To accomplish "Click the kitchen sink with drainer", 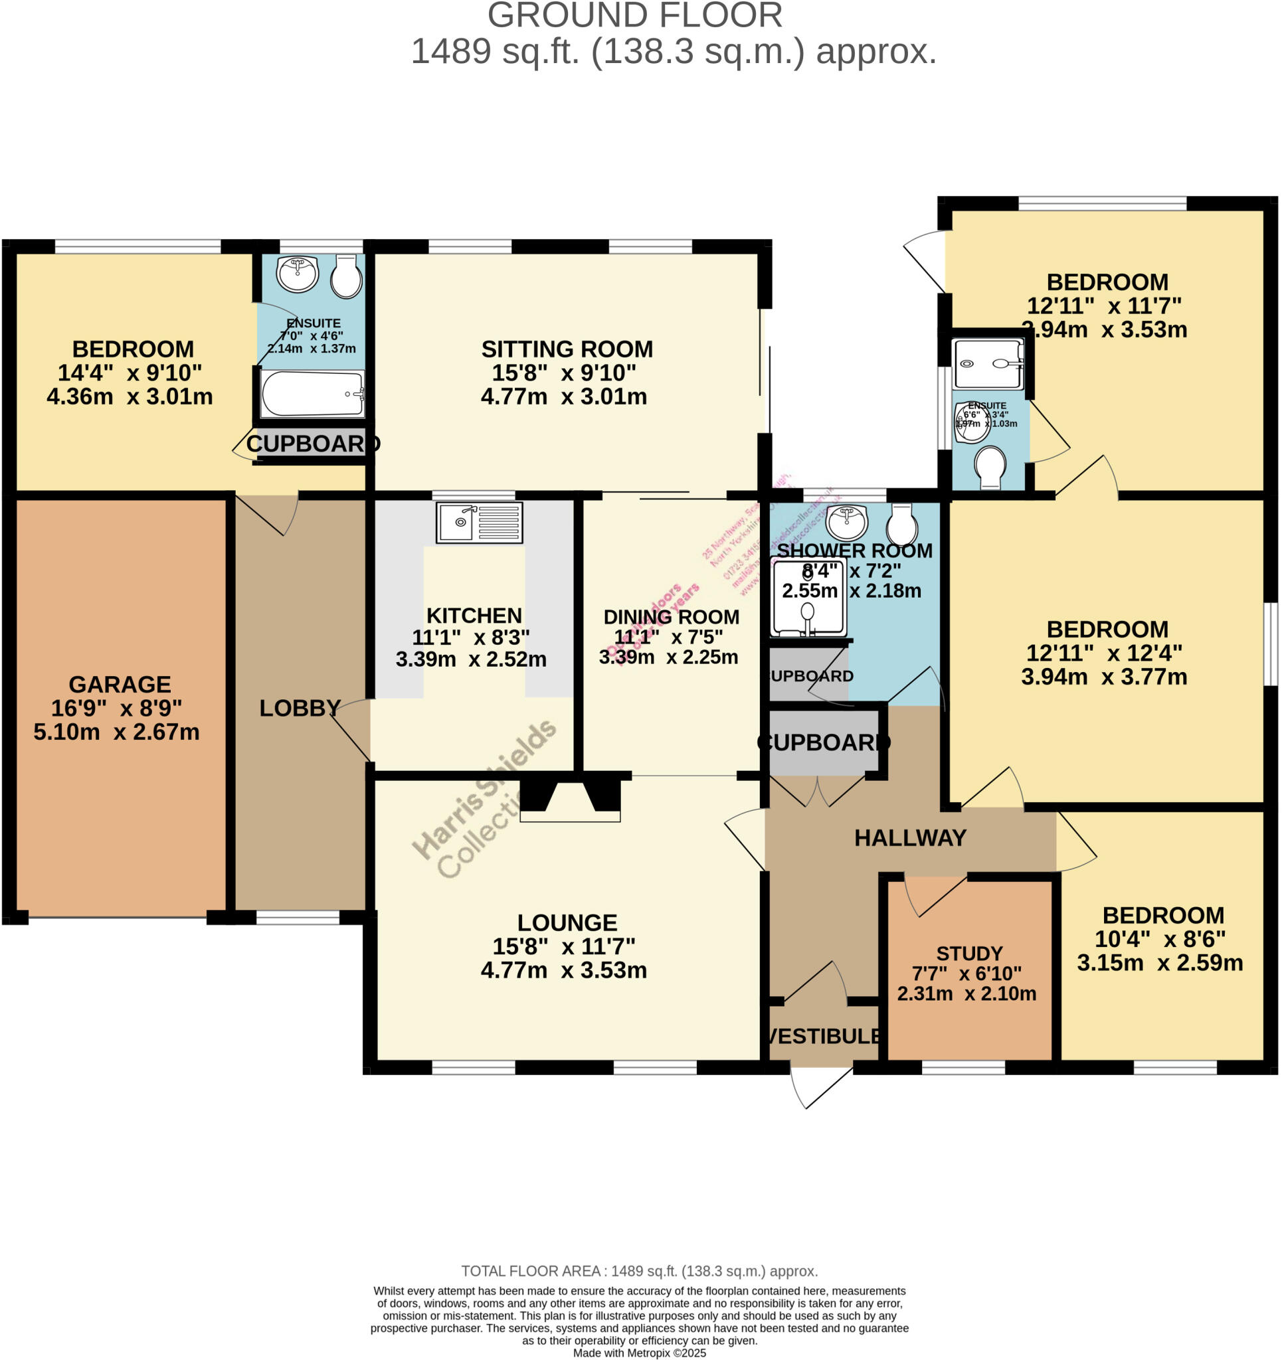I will pyautogui.click(x=479, y=523).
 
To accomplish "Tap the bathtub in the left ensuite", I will pyautogui.click(x=312, y=394).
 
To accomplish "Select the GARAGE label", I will pyautogui.click(x=120, y=685).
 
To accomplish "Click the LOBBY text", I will pyautogui.click(x=300, y=708).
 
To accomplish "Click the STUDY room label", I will pyautogui.click(x=969, y=954).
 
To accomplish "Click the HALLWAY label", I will pyautogui.click(x=910, y=838).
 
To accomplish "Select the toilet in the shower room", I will pyautogui.click(x=901, y=524).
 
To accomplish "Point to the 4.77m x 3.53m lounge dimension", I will pyautogui.click(x=564, y=970).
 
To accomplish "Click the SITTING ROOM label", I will pyautogui.click(x=567, y=349).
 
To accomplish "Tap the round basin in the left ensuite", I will pyautogui.click(x=297, y=274).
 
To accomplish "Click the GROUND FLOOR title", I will pyautogui.click(x=634, y=16).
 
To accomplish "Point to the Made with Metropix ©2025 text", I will pyautogui.click(x=639, y=1353).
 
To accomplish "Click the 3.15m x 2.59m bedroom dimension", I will pyautogui.click(x=1160, y=963).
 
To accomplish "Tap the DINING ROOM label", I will pyautogui.click(x=671, y=617).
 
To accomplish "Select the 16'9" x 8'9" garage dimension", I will pyautogui.click(x=116, y=708).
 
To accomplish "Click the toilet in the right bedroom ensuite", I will pyautogui.click(x=990, y=467).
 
